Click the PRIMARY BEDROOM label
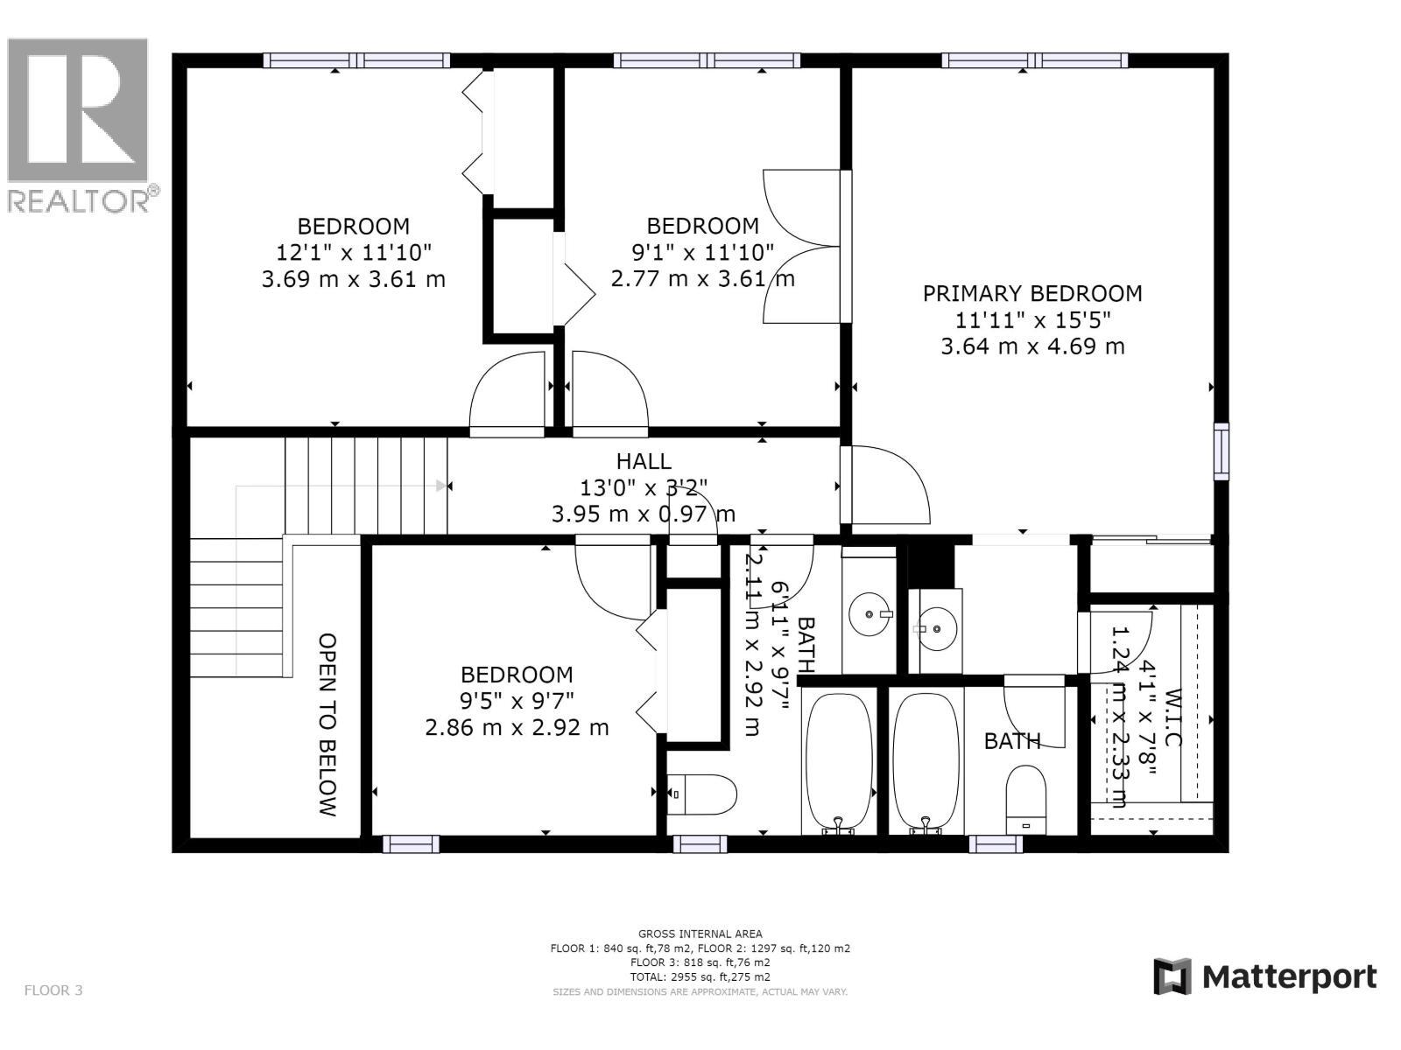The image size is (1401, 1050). [x=1032, y=293]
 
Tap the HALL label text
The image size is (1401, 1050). [x=644, y=461]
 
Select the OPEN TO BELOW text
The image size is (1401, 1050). [x=327, y=724]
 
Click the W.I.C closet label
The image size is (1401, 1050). [x=1174, y=717]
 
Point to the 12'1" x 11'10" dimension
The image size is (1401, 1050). [x=354, y=253]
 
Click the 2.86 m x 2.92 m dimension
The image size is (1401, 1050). [x=517, y=727]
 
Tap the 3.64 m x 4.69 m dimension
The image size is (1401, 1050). [x=1032, y=346]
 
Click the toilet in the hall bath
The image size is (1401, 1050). [x=702, y=794]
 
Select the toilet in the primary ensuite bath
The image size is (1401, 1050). [x=1026, y=798]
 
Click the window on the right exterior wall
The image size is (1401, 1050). [x=1221, y=451]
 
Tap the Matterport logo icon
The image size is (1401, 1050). [x=1172, y=976]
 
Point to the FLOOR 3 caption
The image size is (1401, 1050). [x=53, y=990]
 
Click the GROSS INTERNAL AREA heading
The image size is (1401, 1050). [x=700, y=934]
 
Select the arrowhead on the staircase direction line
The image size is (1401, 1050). [x=441, y=486]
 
